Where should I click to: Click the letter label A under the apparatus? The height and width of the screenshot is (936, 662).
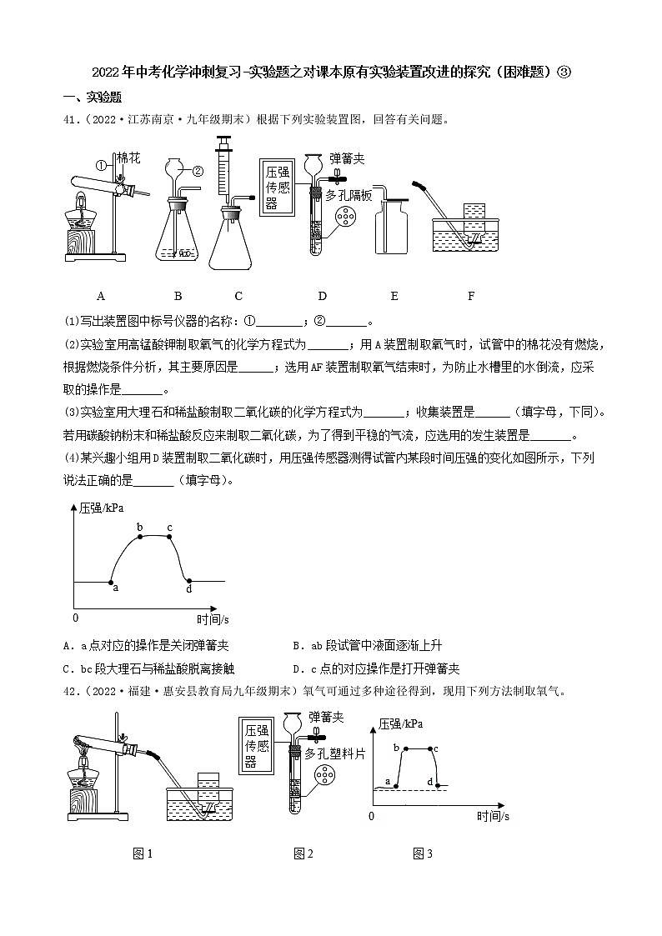tap(100, 295)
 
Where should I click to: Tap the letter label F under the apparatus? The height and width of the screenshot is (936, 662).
tap(471, 295)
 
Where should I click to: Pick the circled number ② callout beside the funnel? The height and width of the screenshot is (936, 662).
tap(198, 172)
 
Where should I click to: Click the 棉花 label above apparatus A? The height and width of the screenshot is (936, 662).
tap(128, 158)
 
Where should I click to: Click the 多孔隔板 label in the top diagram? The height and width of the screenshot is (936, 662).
tap(353, 194)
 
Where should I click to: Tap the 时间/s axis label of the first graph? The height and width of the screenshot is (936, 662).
tap(213, 619)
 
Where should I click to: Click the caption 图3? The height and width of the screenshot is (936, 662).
tap(423, 853)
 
